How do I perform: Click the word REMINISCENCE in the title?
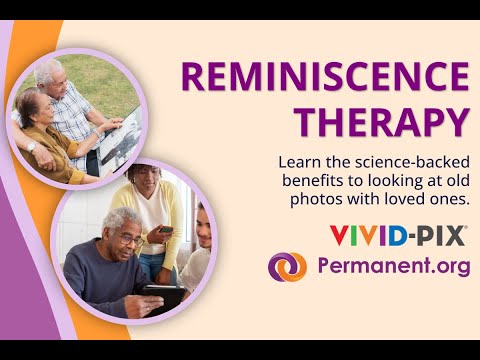pyautogui.click(x=323, y=77)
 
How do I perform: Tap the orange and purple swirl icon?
pyautogui.click(x=288, y=267)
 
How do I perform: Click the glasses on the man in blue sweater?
pyautogui.click(x=127, y=237)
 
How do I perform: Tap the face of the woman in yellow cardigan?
pyautogui.click(x=147, y=183)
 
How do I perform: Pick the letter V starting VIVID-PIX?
pyautogui.click(x=339, y=237)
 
